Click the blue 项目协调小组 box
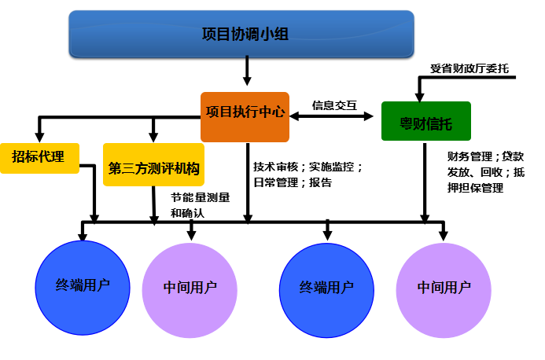(241, 34)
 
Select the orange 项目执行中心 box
(245, 117)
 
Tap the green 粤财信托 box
(425, 121)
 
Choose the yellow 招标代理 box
(39, 158)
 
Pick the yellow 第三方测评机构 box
(153, 165)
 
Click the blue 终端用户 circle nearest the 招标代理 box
(83, 288)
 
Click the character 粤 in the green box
(406, 124)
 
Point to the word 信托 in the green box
(439, 124)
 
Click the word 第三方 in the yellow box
(127, 169)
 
